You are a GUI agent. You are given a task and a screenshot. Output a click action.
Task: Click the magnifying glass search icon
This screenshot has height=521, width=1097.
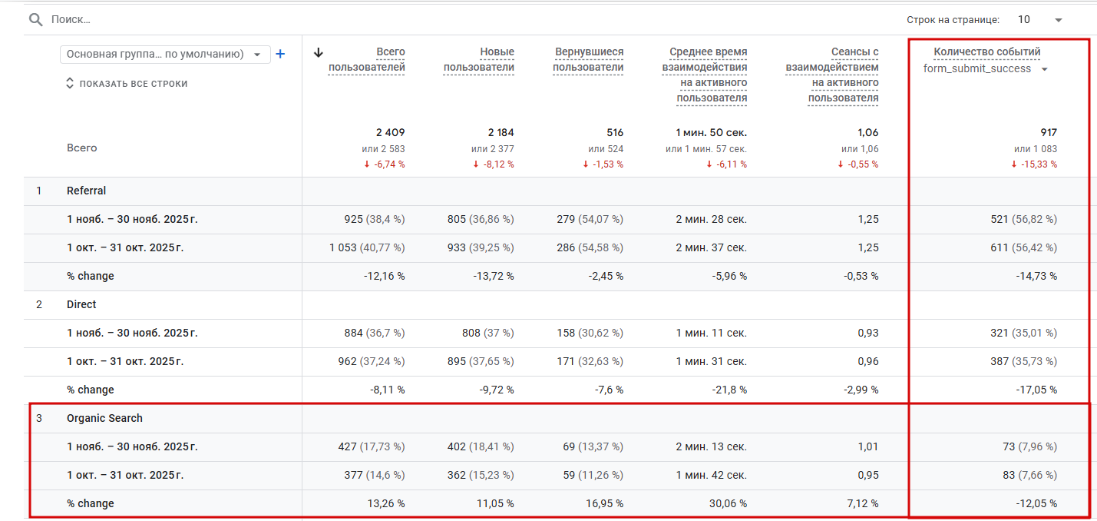[x=35, y=19]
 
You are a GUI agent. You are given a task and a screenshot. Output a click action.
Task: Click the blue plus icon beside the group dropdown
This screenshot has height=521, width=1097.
[x=280, y=54]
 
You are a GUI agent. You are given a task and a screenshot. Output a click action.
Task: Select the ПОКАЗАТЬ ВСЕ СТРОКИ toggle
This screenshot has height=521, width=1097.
[x=127, y=83]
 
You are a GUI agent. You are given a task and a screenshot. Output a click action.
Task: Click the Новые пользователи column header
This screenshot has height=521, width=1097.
[x=479, y=59]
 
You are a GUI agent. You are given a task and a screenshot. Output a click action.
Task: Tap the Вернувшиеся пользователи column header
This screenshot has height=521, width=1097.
[x=588, y=59]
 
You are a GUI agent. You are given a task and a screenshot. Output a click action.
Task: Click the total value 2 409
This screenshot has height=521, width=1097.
[x=390, y=132]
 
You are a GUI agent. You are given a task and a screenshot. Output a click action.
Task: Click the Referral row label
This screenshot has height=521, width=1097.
[x=86, y=191]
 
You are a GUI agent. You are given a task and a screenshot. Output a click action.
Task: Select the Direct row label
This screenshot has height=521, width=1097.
[x=81, y=304]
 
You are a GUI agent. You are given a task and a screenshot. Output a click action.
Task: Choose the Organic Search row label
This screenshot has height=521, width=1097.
[x=104, y=418]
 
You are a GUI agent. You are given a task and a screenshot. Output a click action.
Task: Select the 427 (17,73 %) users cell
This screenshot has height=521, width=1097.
[x=372, y=446]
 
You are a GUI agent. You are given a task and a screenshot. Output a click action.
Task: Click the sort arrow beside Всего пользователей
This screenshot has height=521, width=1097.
[x=319, y=52]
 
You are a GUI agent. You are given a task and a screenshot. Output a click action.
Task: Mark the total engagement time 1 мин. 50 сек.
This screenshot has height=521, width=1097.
[x=711, y=132]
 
